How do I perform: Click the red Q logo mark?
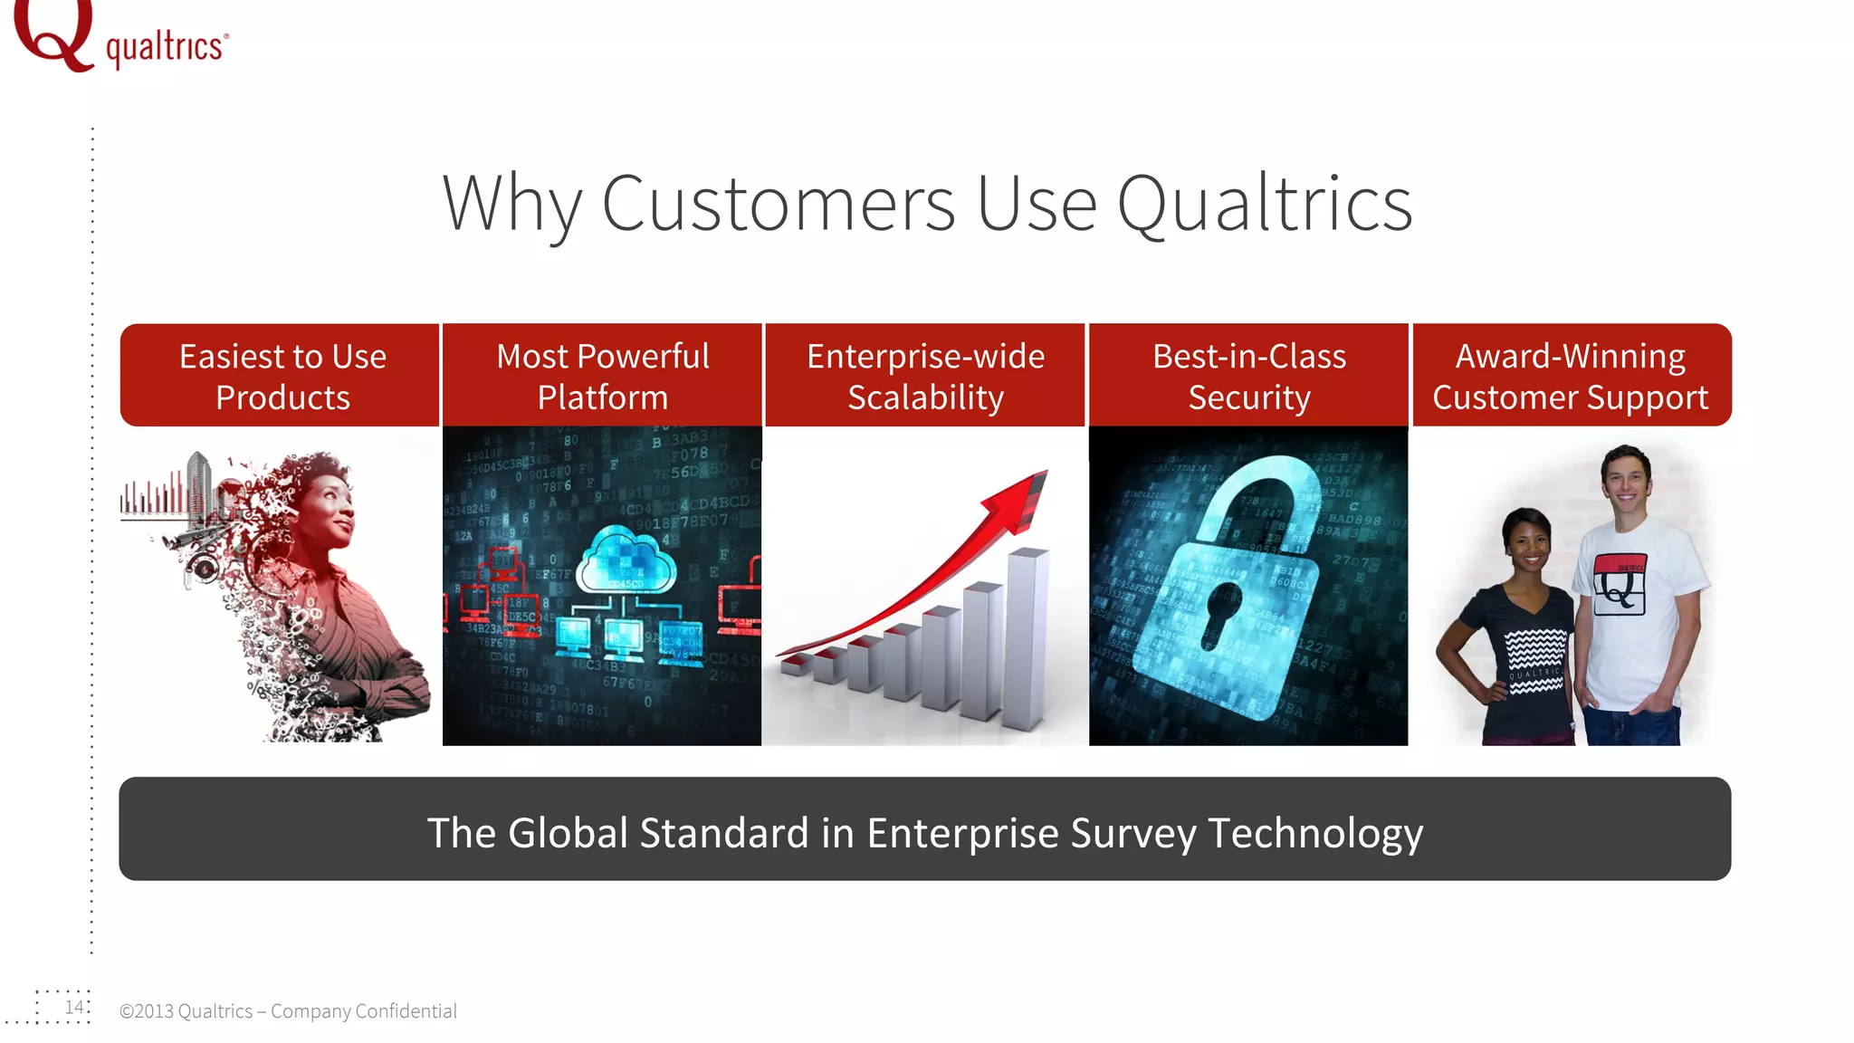pos(53,34)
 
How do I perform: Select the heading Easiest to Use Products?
pos(282,376)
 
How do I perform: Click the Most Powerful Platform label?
pos(602,376)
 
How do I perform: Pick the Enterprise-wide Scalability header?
pos(925,376)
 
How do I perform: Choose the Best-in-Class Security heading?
pos(1248,376)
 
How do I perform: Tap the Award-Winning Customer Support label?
pos(1571,376)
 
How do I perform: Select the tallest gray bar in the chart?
pos(1027,638)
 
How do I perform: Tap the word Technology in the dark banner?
pos(1314,833)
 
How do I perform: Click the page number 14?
pos(73,1007)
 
